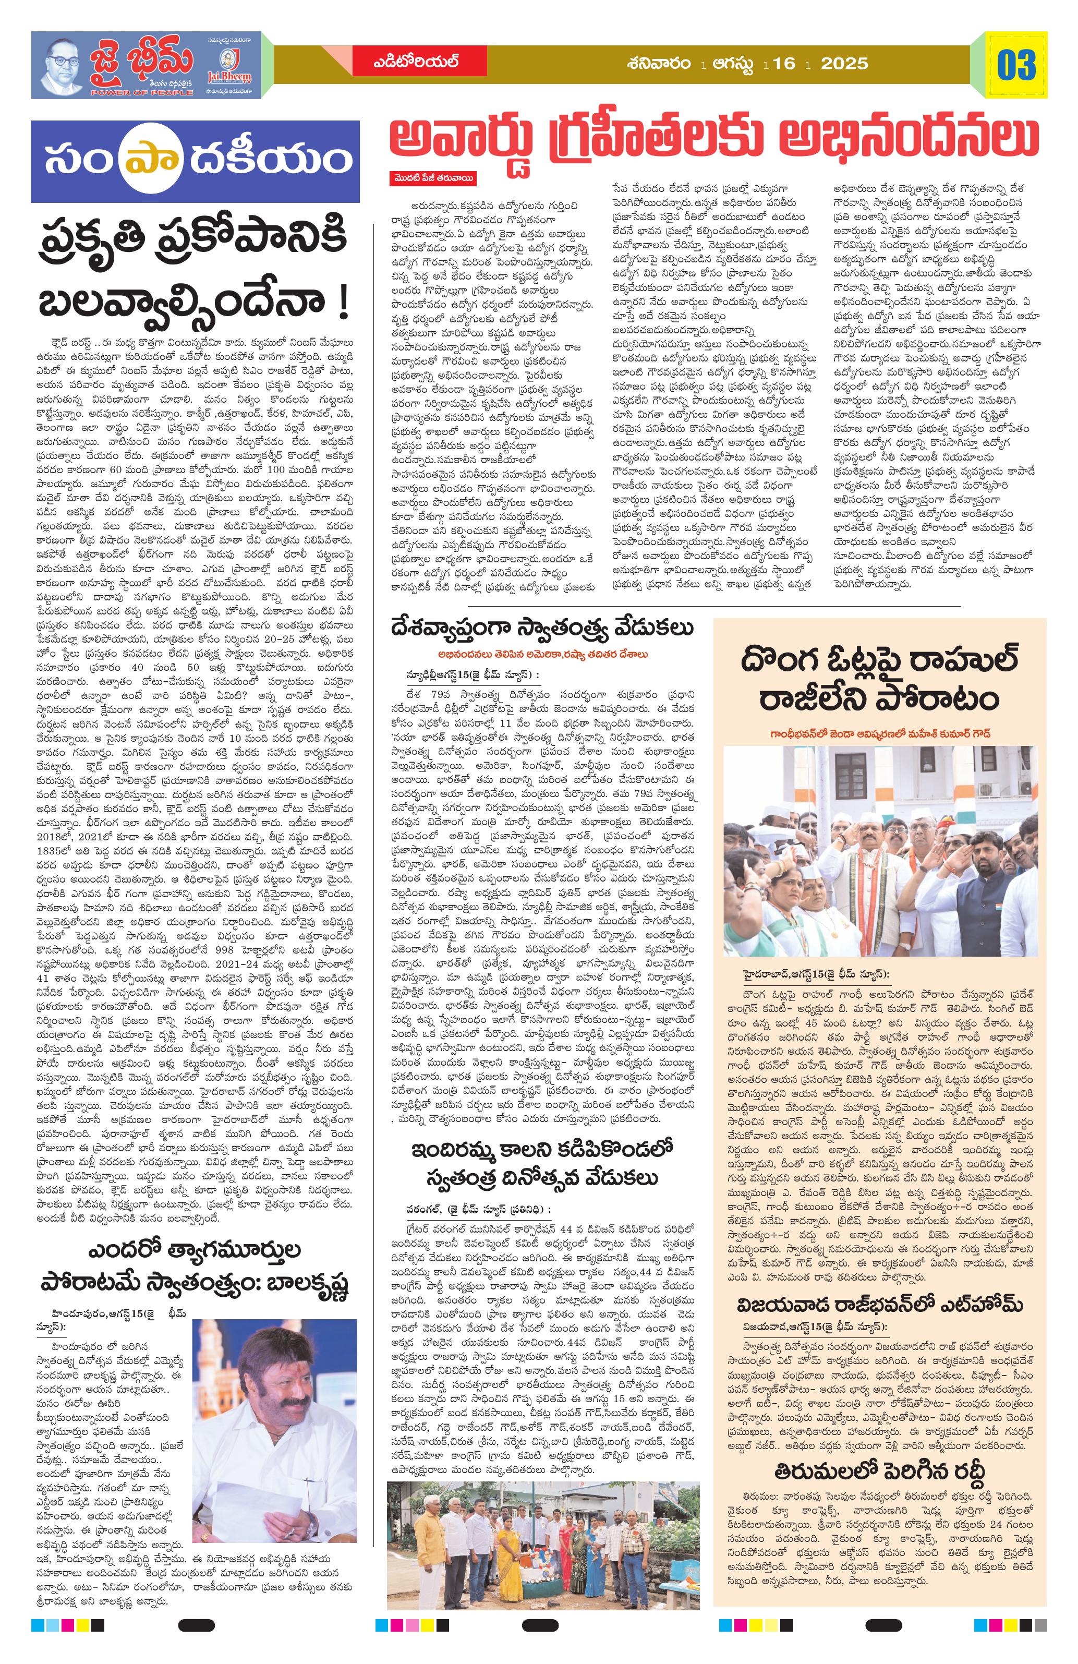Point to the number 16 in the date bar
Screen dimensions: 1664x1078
click(x=784, y=64)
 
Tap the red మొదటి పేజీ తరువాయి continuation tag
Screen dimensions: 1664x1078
click(x=433, y=179)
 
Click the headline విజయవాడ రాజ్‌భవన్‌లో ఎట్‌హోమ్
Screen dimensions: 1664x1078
click(x=879, y=1305)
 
